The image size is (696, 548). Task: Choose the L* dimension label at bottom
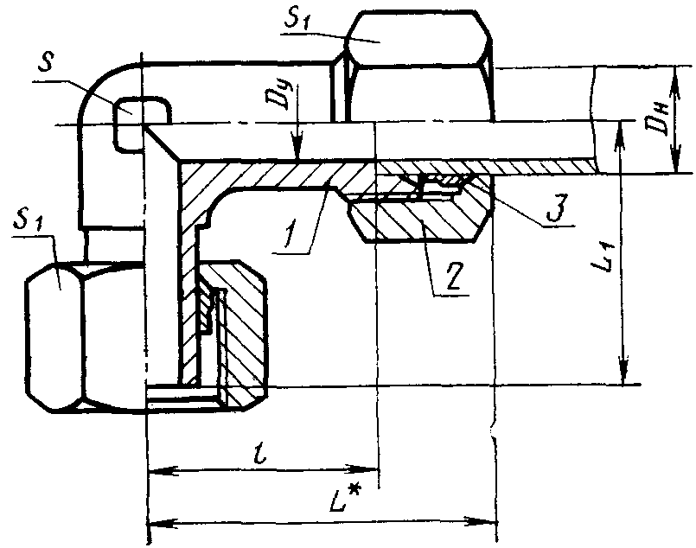click(x=344, y=500)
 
